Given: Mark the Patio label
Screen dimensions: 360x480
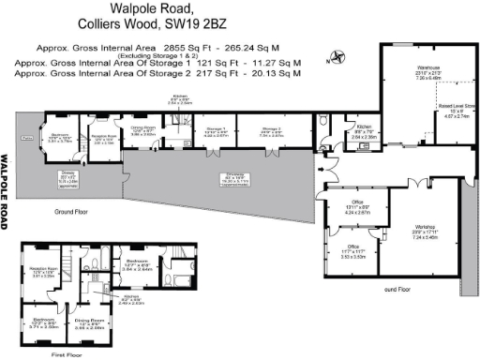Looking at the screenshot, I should (x=26, y=140).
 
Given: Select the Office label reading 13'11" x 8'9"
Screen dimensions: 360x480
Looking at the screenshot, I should (x=356, y=206).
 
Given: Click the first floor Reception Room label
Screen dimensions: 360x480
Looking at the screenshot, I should (x=43, y=272).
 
